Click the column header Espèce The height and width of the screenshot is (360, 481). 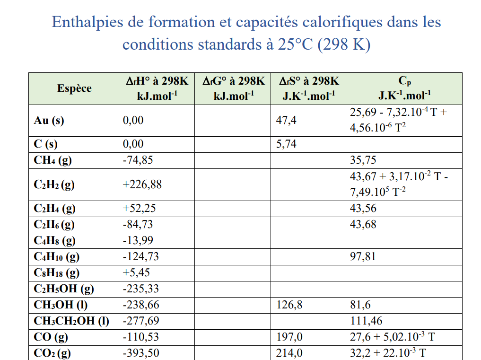click(x=74, y=88)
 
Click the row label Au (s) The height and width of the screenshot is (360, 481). click(x=49, y=120)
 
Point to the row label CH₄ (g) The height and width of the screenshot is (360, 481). click(x=52, y=160)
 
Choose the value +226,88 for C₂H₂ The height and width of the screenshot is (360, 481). click(x=142, y=184)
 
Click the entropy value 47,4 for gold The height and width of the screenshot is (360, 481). click(x=286, y=120)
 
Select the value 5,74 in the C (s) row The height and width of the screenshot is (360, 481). click(x=286, y=144)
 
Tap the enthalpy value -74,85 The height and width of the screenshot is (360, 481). click(x=138, y=160)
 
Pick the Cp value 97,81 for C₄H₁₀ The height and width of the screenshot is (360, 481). click(x=363, y=257)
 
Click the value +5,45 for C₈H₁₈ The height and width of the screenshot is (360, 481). click(x=137, y=273)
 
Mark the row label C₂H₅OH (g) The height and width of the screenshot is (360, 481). click(x=64, y=289)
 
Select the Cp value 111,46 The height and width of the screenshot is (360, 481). click(x=366, y=321)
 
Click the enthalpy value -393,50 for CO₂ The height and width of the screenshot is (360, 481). click(x=141, y=353)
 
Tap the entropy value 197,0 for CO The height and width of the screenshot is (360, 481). click(x=289, y=337)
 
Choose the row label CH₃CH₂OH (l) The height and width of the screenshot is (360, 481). click(x=71, y=321)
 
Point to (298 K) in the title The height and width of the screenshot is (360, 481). click(x=344, y=44)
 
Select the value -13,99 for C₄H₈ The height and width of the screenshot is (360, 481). click(x=138, y=241)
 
